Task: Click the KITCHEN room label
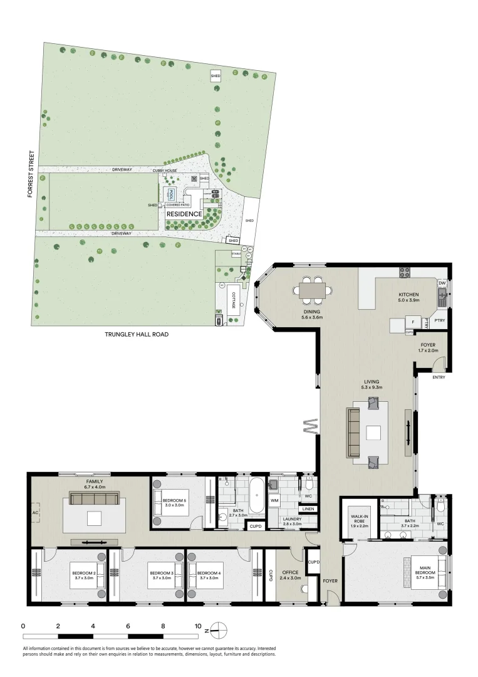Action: [408, 295]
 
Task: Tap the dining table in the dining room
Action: [312, 290]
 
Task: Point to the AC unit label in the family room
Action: [34, 512]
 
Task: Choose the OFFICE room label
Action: [290, 573]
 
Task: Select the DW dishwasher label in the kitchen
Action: [443, 283]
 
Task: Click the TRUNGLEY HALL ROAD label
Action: [136, 335]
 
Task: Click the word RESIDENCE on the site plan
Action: [184, 214]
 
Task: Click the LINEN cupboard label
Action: [308, 509]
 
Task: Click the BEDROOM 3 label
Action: [160, 574]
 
